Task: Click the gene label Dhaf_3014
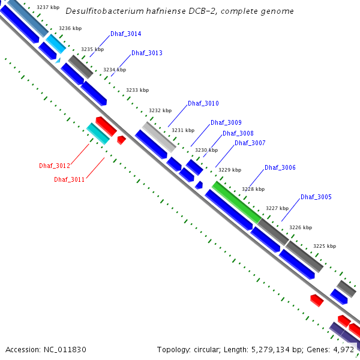click(x=125, y=34)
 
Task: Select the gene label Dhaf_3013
click(x=146, y=53)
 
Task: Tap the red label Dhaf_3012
click(x=55, y=166)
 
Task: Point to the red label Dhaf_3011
click(x=69, y=179)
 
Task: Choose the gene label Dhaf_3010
click(x=203, y=104)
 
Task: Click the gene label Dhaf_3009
click(x=226, y=123)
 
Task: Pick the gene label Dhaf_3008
click(x=238, y=134)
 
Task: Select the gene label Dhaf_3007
click(x=250, y=143)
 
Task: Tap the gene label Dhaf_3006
click(x=280, y=168)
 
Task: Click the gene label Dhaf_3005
click(x=316, y=197)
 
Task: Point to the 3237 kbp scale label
click(x=47, y=8)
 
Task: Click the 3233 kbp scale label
click(x=137, y=91)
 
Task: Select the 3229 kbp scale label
click(x=230, y=170)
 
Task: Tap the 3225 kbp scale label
click(x=325, y=247)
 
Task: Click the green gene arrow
click(x=236, y=202)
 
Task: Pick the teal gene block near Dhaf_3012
click(x=98, y=133)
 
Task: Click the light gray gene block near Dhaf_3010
click(x=160, y=137)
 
